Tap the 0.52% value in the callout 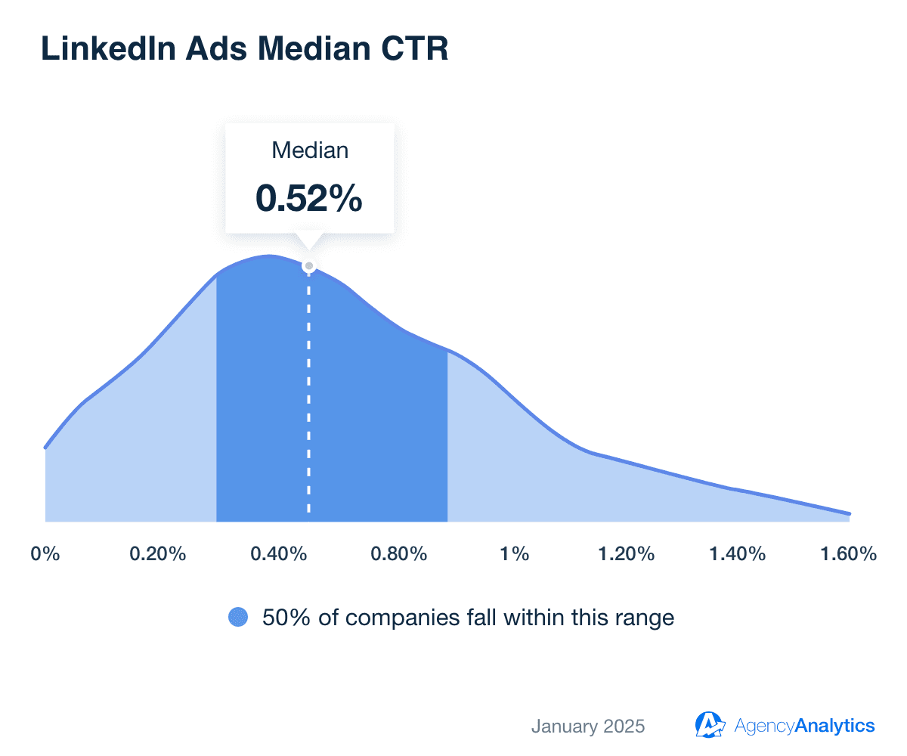coord(309,197)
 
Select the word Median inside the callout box coord(310,150)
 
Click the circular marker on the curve coord(308,266)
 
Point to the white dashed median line coord(308,393)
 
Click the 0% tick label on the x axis coord(45,554)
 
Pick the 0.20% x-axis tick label coord(157,554)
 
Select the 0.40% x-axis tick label coord(279,554)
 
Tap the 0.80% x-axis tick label coord(399,554)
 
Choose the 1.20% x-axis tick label coord(626,554)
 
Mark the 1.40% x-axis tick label coord(738,554)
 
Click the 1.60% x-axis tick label coord(848,554)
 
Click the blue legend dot coord(238,618)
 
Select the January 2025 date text coord(588,727)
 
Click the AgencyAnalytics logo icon coord(710,724)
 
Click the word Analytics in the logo coord(836,726)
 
